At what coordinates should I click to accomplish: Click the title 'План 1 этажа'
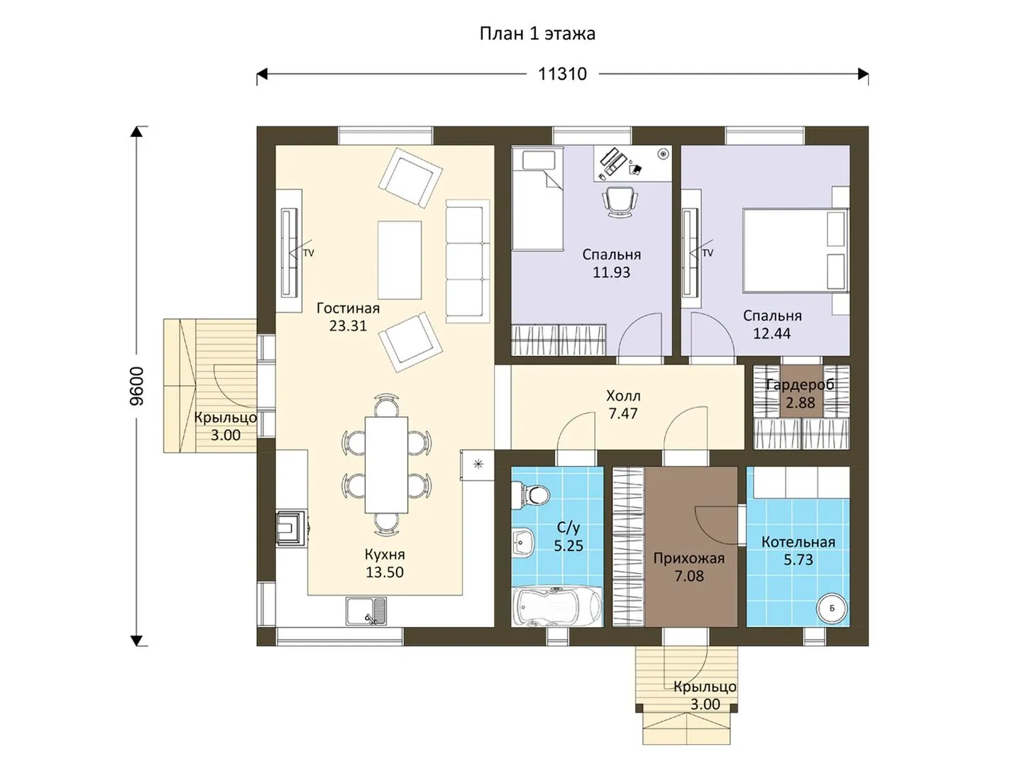pos(537,34)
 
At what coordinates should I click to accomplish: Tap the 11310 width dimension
pos(562,74)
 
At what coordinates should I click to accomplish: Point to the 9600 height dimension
pos(138,386)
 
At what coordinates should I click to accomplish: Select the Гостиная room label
pos(348,308)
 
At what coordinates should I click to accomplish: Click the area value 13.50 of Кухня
pos(385,572)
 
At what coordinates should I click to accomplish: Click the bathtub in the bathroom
pos(556,606)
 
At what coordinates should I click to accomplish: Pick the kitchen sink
pos(366,611)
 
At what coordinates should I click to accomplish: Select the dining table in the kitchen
pos(387,465)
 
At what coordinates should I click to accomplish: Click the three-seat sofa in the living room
pos(468,262)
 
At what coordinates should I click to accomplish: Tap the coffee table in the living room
pos(400,260)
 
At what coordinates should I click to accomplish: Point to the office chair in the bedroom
pos(620,201)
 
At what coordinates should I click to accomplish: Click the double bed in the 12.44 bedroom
pos(796,251)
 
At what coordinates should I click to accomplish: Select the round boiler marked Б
pos(832,609)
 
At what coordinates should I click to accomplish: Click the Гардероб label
pos(800,385)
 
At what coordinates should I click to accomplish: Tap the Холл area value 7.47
pos(623,413)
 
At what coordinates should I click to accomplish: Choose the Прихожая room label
pos(688,558)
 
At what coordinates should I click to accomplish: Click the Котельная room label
pos(798,542)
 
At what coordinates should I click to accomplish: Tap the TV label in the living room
pos(308,253)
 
